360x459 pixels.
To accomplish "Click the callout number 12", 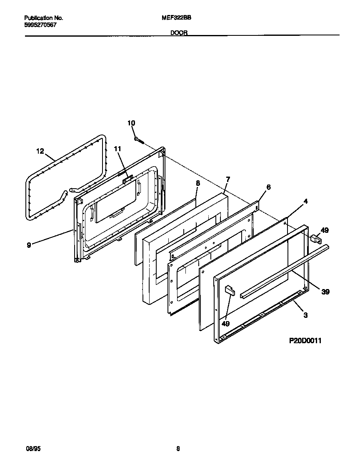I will (40, 151).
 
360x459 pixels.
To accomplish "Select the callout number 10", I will (131, 123).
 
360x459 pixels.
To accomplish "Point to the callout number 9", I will (29, 245).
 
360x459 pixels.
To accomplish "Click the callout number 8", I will (198, 183).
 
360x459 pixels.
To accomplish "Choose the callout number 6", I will (268, 187).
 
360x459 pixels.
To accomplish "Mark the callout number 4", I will (305, 201).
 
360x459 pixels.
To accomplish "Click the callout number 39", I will (326, 292).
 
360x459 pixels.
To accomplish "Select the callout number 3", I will (305, 315).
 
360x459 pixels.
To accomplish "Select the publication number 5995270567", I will (40, 25).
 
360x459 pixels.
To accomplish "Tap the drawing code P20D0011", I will (305, 341).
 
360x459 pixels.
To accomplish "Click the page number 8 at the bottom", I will (178, 449).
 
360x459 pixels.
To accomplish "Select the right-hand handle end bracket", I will (315, 239).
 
